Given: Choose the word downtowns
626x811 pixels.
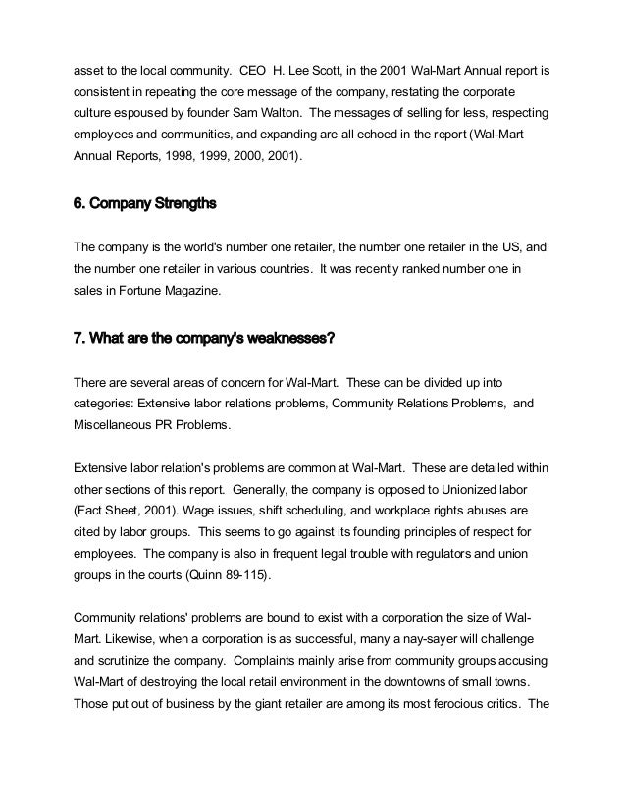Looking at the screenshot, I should (417, 682).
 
